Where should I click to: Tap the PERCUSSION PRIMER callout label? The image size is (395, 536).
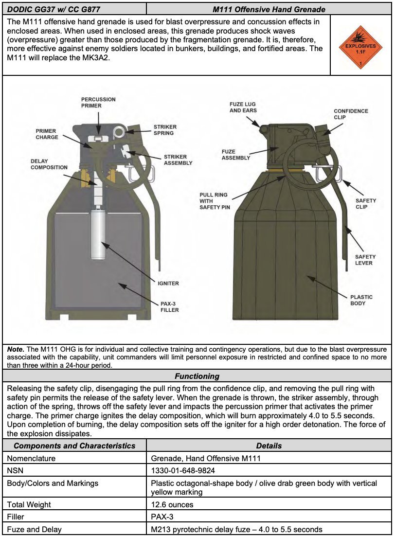(x=98, y=103)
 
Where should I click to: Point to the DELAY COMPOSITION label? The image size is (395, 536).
(x=49, y=164)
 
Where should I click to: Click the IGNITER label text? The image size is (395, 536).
(x=168, y=284)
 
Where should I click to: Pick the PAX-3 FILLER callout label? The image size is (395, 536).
(x=170, y=307)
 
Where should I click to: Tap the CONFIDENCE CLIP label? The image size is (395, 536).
(x=351, y=114)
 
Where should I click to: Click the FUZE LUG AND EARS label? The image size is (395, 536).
(x=243, y=107)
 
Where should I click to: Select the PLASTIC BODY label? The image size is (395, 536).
(x=361, y=300)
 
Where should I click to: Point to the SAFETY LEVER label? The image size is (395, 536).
(x=365, y=260)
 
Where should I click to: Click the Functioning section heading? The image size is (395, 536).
(x=197, y=376)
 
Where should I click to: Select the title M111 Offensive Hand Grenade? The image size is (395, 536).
(x=269, y=9)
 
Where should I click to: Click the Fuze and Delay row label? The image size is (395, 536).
(x=35, y=529)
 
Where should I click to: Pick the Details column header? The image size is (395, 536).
(x=269, y=446)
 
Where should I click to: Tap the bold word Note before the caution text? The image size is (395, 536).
(x=16, y=349)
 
